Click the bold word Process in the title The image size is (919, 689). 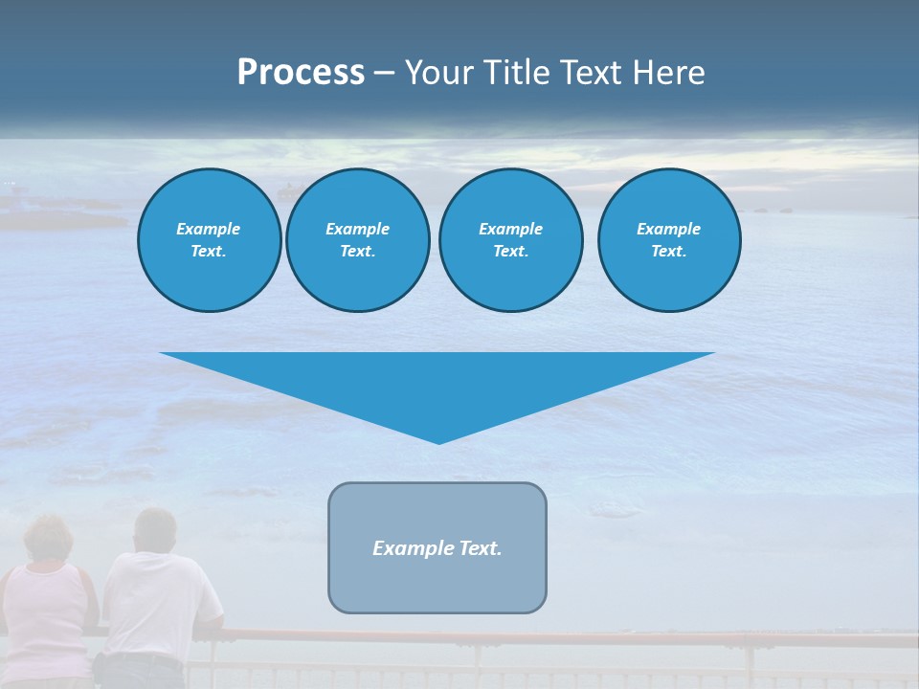pyautogui.click(x=301, y=73)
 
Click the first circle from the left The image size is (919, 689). pyautogui.click(x=209, y=240)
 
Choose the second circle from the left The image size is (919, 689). pyautogui.click(x=357, y=240)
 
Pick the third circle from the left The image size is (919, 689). pyautogui.click(x=510, y=240)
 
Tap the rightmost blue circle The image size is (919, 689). pyautogui.click(x=668, y=240)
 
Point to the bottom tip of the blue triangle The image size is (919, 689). pyautogui.click(x=438, y=442)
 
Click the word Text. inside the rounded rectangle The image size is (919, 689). pyautogui.click(x=478, y=548)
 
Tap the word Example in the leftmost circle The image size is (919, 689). pyautogui.click(x=209, y=229)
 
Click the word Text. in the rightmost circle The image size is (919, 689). pyautogui.click(x=668, y=252)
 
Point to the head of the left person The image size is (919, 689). pyautogui.click(x=51, y=538)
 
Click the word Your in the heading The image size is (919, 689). pyautogui.click(x=439, y=73)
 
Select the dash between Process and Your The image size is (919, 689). pyautogui.click(x=384, y=74)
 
